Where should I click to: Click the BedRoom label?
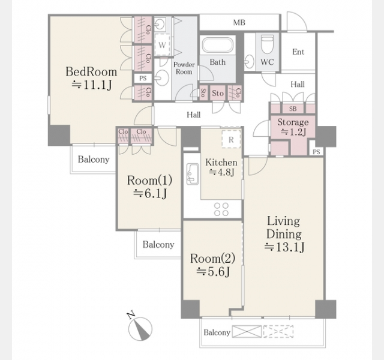pos(91,72)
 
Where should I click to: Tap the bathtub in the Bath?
pos(217,45)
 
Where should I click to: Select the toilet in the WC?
pos(267,44)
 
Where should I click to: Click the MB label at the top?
pos(239,23)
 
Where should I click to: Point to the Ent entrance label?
pos(298,52)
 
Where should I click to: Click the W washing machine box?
pos(162,45)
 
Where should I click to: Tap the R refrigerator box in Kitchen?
pos(231,139)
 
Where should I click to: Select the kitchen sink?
pos(193,173)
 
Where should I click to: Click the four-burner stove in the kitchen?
pos(221,209)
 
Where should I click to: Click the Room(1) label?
pos(149,181)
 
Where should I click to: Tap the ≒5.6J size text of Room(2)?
pos(213,271)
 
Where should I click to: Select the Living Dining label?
pos(284,227)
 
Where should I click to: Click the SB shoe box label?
pos(293,109)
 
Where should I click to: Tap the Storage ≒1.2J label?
pos(293,127)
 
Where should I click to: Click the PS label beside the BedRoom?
pos(143,79)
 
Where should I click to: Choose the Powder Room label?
pos(184,68)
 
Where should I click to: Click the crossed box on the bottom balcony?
pos(247,331)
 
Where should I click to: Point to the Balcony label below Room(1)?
pos(158,244)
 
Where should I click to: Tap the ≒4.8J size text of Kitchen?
pos(221,172)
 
